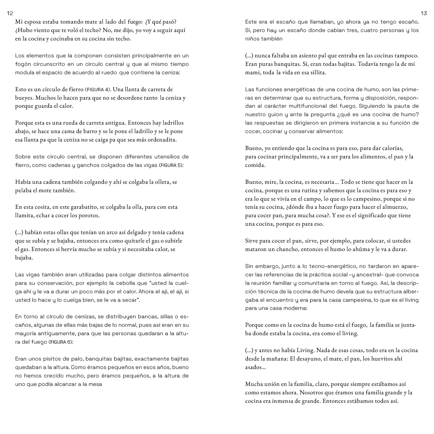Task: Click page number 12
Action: [x=10, y=13]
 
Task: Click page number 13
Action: [x=424, y=13]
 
